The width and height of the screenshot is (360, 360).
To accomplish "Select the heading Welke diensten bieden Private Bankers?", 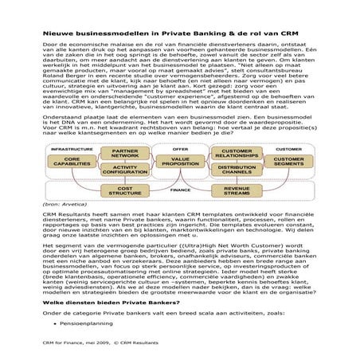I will [x=104, y=303].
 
